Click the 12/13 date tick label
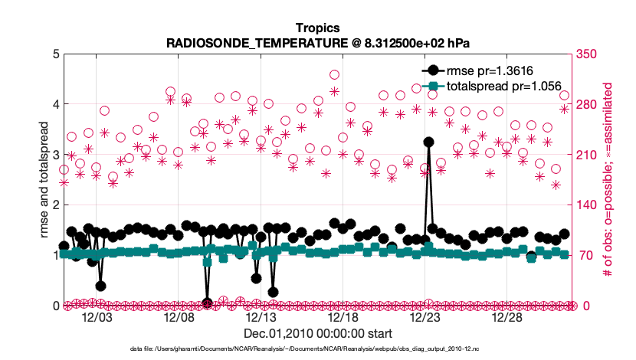261,317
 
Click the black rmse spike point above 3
428,142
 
